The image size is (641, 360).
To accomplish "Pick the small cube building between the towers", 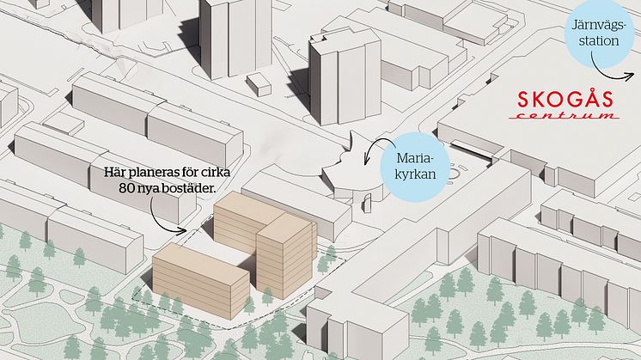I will (x=258, y=84).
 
